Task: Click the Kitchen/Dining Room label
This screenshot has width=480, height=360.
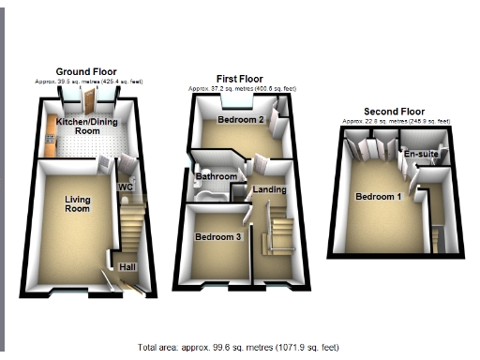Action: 79,127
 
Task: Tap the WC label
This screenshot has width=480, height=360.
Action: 125,187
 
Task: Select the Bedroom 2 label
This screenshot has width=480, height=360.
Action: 238,121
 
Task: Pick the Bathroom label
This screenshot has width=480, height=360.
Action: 215,176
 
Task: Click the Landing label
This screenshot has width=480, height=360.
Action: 270,189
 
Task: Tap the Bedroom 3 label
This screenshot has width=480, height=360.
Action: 217,237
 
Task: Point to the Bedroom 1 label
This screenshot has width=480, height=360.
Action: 378,197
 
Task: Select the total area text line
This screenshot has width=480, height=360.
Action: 238,347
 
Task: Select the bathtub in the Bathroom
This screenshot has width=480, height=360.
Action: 212,193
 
